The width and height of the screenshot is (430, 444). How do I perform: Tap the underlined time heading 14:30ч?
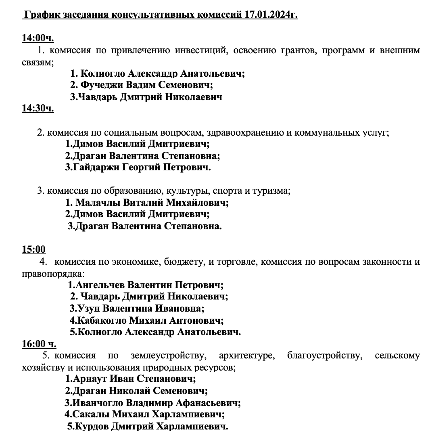point(38,109)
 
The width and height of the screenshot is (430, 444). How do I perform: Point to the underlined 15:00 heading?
point(33,249)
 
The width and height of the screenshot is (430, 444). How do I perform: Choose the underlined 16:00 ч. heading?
point(39,344)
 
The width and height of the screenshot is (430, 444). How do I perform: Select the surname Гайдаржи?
point(96,167)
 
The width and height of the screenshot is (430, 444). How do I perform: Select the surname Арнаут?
point(90,379)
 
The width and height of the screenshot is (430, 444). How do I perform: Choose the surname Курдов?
point(91,427)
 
